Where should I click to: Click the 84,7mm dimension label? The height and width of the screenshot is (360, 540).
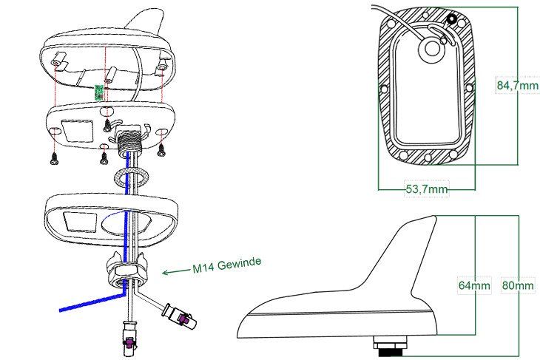tap(517, 85)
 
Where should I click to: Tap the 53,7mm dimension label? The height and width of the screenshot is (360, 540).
tap(427, 189)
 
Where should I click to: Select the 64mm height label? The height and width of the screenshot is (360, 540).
tap(474, 285)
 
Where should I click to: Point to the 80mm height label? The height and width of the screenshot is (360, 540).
tap(518, 285)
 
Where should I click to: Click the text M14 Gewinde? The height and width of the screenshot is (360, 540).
tap(226, 265)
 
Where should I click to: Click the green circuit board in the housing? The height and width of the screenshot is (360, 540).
tap(99, 92)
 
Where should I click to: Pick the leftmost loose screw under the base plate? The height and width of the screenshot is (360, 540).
tap(55, 158)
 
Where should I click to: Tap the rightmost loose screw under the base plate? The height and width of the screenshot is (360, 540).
tap(161, 150)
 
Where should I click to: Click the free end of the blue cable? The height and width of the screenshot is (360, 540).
tap(61, 310)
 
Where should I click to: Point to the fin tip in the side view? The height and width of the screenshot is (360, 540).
tap(435, 217)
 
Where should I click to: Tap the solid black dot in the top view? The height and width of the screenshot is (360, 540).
tap(452, 19)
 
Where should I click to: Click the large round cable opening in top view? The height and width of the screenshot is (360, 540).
tap(431, 49)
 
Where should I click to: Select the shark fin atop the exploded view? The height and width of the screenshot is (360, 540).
tap(145, 21)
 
